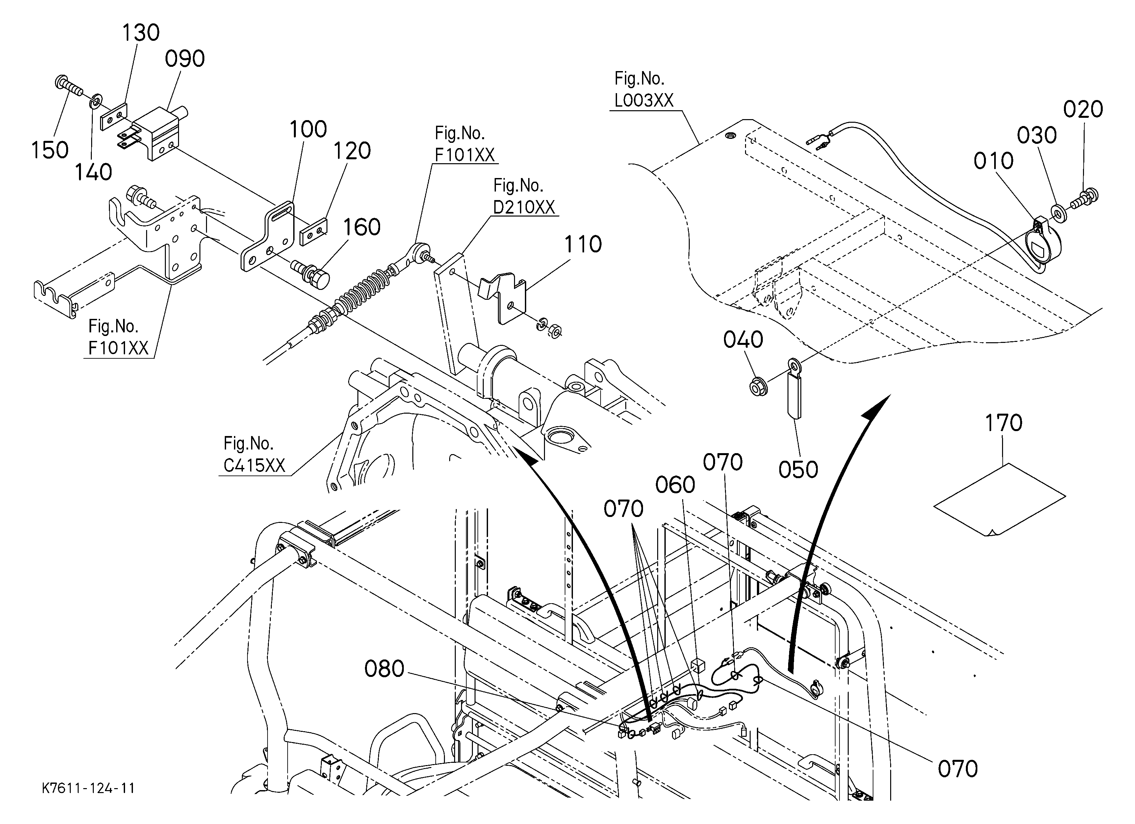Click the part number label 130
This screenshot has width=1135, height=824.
tap(141, 33)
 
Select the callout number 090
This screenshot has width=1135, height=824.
tap(185, 59)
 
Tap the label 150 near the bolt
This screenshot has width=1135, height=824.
tap(50, 150)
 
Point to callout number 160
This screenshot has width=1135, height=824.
tap(361, 227)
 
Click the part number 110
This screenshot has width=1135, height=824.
tap(583, 245)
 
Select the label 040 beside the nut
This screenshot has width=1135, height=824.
tap(743, 340)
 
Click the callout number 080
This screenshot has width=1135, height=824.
tap(384, 669)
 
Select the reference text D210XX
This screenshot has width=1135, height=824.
tap(524, 207)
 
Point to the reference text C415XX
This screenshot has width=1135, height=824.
tap(254, 466)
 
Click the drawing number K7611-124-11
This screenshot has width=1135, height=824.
tap(89, 788)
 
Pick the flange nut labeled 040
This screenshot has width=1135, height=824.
tap(759, 388)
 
